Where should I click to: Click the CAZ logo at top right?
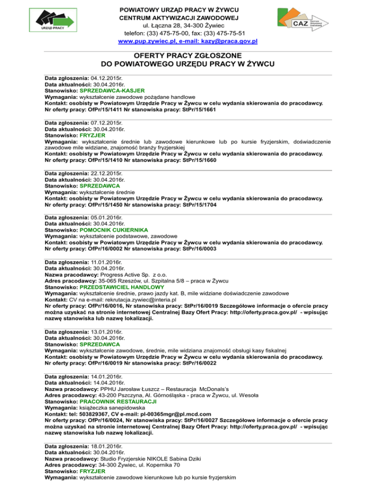(x=303, y=23)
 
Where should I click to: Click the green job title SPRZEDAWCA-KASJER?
(x=112, y=91)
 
